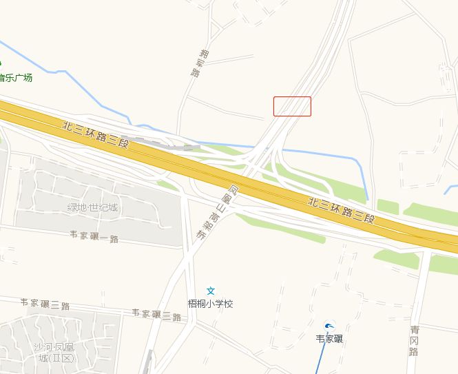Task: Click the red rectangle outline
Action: (x=292, y=106)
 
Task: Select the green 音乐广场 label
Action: (x=16, y=78)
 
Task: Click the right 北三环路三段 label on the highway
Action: (x=341, y=210)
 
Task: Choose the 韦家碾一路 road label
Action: (x=94, y=236)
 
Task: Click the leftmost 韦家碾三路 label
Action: (x=45, y=303)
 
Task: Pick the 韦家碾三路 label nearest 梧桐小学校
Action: (x=157, y=315)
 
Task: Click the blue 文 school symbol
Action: (x=211, y=291)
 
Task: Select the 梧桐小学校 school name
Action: (x=211, y=304)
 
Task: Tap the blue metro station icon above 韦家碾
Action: (x=329, y=326)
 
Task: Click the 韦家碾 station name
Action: (x=329, y=339)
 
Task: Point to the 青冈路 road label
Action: (x=413, y=341)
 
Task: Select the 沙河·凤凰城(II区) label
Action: (x=56, y=352)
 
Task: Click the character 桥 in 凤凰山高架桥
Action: (x=201, y=234)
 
